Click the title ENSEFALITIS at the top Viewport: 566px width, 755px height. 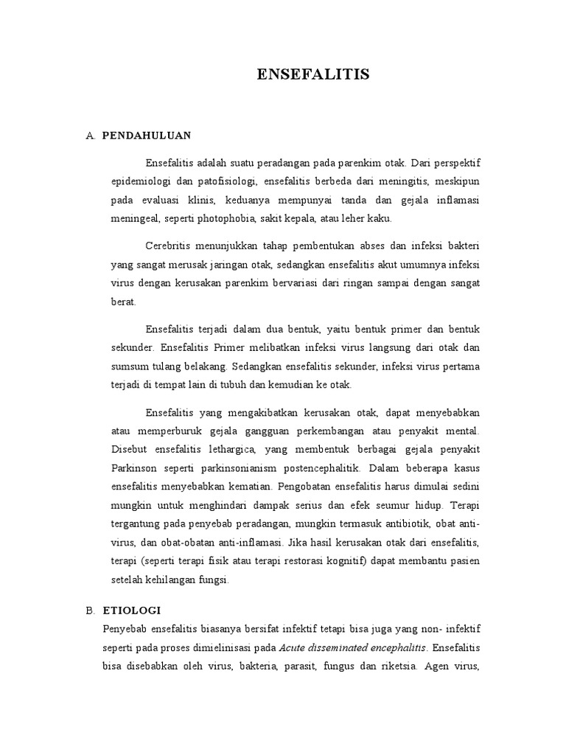(x=312, y=74)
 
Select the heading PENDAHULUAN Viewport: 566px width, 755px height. (x=147, y=136)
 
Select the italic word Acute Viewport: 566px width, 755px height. (x=293, y=648)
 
